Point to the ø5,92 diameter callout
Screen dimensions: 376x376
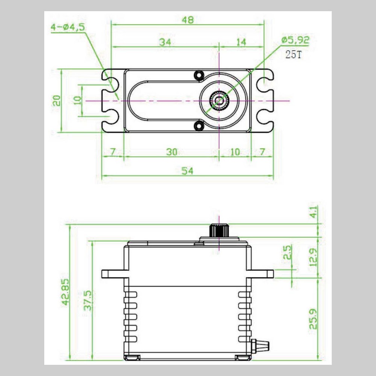(295, 40)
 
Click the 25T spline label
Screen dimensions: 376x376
(293, 55)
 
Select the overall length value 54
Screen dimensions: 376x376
(187, 171)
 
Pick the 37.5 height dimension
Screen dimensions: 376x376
(88, 300)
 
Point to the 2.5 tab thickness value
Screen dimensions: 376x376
(288, 253)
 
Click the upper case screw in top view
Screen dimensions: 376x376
(198, 76)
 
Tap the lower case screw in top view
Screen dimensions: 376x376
(198, 126)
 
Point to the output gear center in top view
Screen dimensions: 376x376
(219, 100)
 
